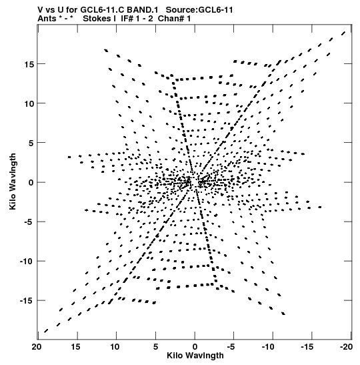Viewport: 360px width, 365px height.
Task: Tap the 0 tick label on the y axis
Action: (x=31, y=183)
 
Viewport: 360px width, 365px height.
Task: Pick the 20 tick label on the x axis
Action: (x=37, y=347)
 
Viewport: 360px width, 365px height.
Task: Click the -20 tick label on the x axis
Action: (x=346, y=347)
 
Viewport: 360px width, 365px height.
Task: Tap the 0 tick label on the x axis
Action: (x=195, y=347)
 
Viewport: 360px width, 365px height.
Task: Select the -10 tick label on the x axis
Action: (x=268, y=347)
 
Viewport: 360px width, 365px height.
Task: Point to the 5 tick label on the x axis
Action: (x=156, y=347)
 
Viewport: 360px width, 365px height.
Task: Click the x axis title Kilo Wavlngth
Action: (x=195, y=356)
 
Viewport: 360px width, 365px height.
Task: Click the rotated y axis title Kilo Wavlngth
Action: (x=13, y=181)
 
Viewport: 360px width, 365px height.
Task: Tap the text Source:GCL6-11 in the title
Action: (x=199, y=10)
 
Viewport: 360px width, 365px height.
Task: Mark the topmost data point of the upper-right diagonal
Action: (x=343, y=33)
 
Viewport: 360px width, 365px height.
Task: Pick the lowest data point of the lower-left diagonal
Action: (x=46, y=331)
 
